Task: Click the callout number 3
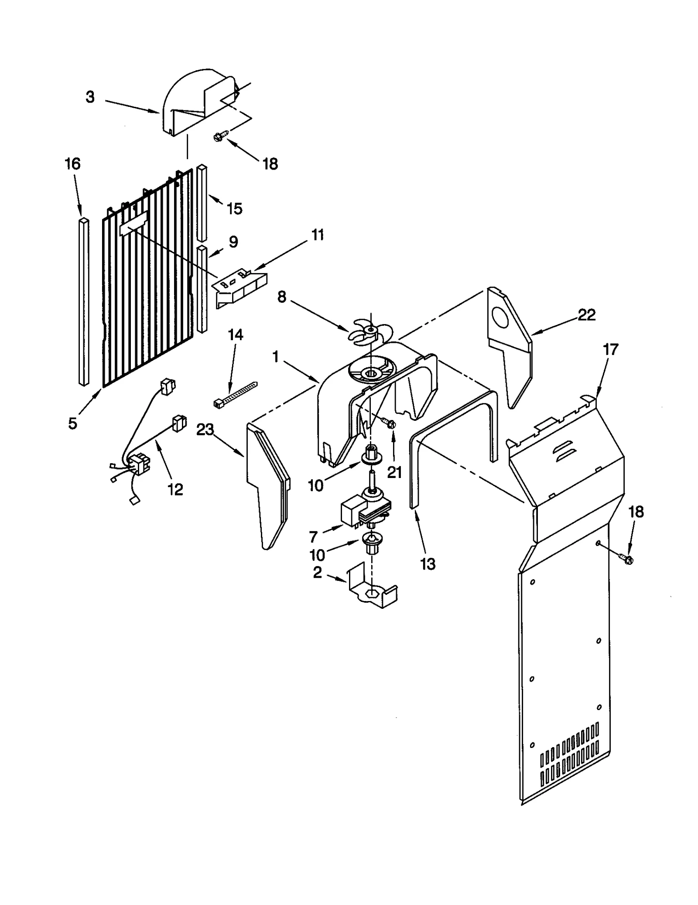click(x=90, y=97)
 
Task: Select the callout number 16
click(x=72, y=164)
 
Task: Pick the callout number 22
click(x=586, y=315)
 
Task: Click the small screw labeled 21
click(x=388, y=422)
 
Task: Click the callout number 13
click(x=428, y=564)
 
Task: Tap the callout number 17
click(x=610, y=349)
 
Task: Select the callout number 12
click(x=175, y=489)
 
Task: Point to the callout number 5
click(x=72, y=423)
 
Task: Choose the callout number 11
click(x=318, y=235)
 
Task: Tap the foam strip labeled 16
click(x=84, y=301)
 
